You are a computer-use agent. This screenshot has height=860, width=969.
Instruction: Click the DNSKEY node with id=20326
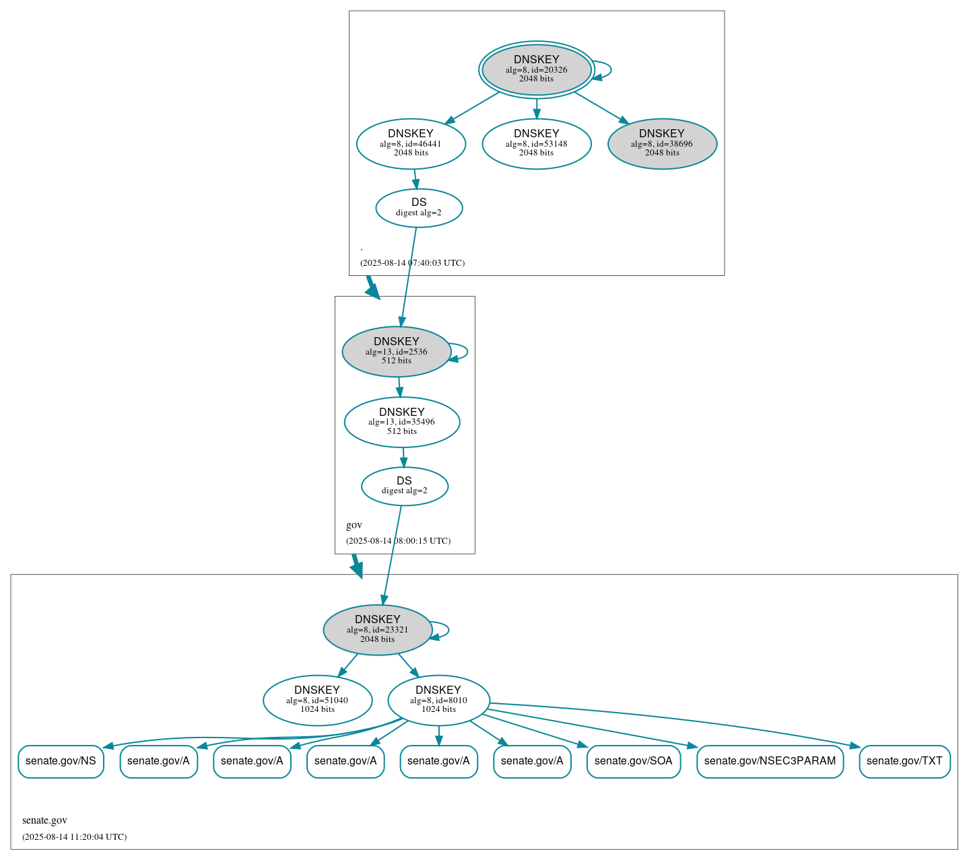(536, 69)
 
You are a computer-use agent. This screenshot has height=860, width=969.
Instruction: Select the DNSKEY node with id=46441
(411, 143)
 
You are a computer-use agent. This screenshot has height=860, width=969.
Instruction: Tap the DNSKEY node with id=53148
(536, 143)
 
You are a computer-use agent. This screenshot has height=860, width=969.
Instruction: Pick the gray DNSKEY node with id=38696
(662, 143)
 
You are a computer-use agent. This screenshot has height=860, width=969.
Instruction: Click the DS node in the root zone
(419, 208)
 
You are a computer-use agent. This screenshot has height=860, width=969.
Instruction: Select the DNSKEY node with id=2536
(396, 351)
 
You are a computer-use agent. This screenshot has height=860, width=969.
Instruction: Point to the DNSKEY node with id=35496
(402, 422)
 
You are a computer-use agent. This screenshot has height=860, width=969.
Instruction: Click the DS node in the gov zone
(404, 486)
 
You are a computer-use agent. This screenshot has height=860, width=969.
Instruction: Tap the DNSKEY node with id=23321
(377, 630)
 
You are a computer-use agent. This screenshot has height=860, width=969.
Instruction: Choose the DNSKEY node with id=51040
(317, 701)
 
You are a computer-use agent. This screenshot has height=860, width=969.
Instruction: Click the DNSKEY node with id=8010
(438, 701)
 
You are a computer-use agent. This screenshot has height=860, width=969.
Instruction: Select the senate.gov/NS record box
(61, 761)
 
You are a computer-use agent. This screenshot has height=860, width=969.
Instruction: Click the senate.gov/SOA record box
(633, 761)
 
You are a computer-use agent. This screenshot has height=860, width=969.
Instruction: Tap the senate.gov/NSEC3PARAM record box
(770, 761)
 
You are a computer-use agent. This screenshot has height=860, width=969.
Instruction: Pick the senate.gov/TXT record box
(904, 761)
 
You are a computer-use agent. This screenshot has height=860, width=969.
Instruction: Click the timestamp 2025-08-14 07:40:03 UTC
(412, 263)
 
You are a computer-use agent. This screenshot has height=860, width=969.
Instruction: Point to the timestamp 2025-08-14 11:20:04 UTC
(74, 837)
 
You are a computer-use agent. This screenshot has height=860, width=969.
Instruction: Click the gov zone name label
(354, 525)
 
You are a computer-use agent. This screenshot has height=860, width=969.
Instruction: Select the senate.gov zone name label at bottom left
(44, 820)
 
